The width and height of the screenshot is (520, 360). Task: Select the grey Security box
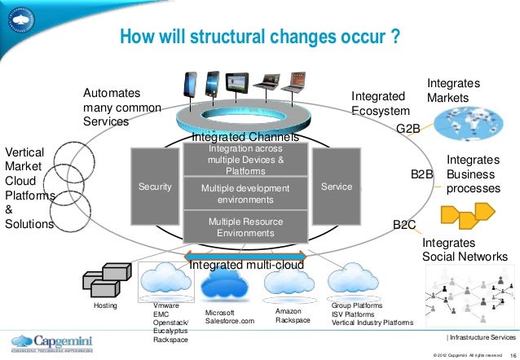click(x=155, y=187)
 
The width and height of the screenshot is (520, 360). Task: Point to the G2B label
click(x=408, y=130)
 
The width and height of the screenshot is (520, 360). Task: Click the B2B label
click(x=421, y=174)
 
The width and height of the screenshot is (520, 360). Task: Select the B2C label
click(x=405, y=224)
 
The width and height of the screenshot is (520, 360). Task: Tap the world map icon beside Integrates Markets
click(x=469, y=126)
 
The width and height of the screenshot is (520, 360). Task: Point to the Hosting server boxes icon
click(x=106, y=280)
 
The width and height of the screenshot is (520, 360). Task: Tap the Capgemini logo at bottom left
click(x=48, y=342)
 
